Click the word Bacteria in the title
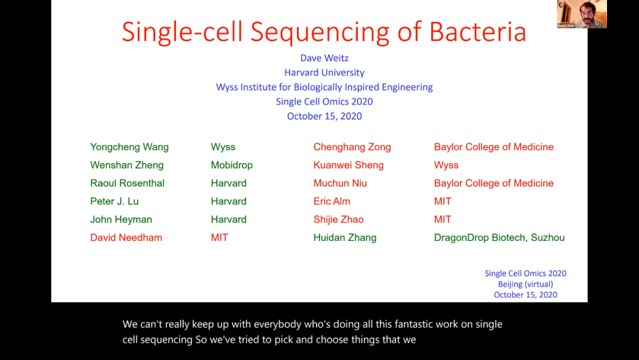click(x=478, y=32)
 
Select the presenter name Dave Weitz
click(x=324, y=58)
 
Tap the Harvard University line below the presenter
click(x=324, y=73)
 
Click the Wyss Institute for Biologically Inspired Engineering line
click(x=324, y=87)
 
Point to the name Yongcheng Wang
click(x=129, y=147)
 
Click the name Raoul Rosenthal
click(x=127, y=183)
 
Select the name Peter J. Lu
click(x=114, y=201)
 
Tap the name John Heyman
click(x=121, y=220)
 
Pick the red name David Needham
click(x=126, y=237)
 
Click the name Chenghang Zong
click(x=352, y=147)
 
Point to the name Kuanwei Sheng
click(x=348, y=165)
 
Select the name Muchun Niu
click(x=340, y=183)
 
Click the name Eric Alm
click(x=332, y=201)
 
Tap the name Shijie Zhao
click(x=338, y=220)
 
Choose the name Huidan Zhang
click(x=345, y=237)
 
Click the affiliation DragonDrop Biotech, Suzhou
click(x=499, y=237)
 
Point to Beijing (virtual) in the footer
click(x=525, y=284)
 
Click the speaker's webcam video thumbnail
click(x=582, y=14)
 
